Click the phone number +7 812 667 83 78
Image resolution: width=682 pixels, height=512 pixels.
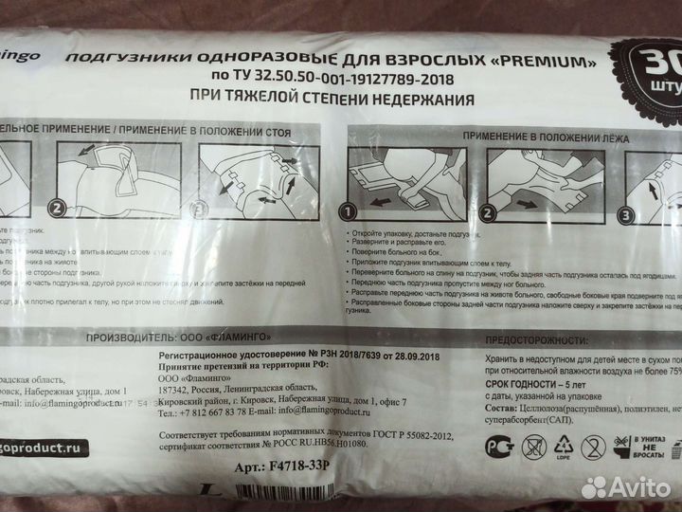click(205, 412)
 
